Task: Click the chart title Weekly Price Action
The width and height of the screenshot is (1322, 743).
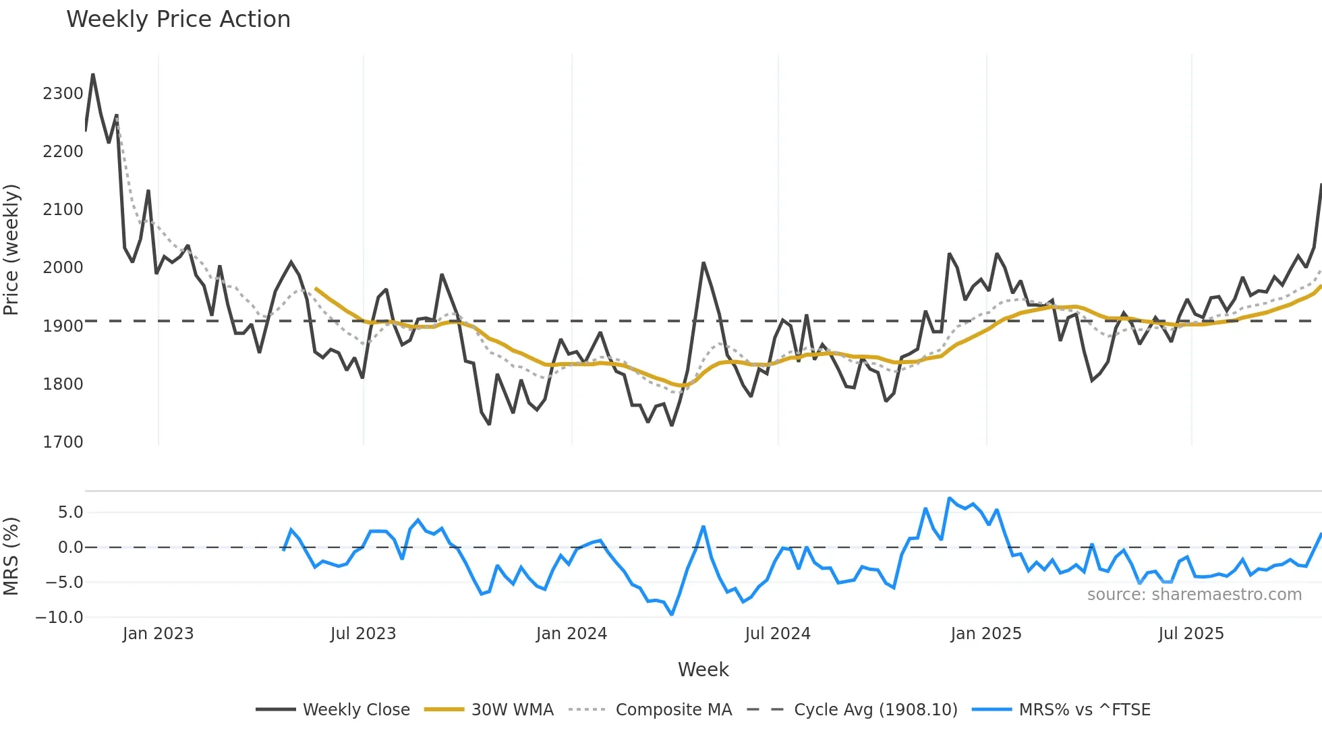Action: (x=178, y=20)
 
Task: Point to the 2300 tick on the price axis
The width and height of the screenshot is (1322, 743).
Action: (x=63, y=94)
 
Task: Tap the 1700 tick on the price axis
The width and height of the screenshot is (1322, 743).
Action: (x=63, y=442)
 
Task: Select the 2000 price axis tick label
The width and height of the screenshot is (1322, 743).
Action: (x=63, y=268)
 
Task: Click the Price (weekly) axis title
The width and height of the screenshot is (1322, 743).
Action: (x=11, y=249)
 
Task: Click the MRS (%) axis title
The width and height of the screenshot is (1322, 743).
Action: (x=11, y=556)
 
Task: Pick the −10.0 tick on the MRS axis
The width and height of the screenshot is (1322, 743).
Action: (x=59, y=618)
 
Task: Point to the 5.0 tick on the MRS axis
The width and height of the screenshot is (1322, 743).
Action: (x=70, y=512)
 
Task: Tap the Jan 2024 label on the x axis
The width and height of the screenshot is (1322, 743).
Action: (x=571, y=634)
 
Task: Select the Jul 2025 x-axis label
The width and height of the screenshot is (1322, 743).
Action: (x=1190, y=634)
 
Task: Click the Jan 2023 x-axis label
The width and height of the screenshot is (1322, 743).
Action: (x=158, y=634)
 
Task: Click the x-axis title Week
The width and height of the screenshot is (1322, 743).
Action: (x=703, y=670)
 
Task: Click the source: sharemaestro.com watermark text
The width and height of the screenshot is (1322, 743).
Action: (x=1194, y=595)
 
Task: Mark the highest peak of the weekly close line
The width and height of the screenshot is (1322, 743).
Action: (x=93, y=74)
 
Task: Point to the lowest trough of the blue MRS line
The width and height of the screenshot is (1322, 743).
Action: (x=672, y=614)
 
